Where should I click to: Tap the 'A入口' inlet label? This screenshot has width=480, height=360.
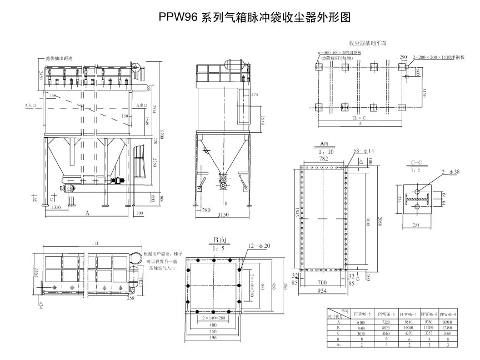click(31, 104)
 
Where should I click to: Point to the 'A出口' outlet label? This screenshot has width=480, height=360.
click(141, 104)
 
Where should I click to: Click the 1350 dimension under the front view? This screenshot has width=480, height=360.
click(56, 207)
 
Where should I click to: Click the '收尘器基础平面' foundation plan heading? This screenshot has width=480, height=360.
click(367, 42)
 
